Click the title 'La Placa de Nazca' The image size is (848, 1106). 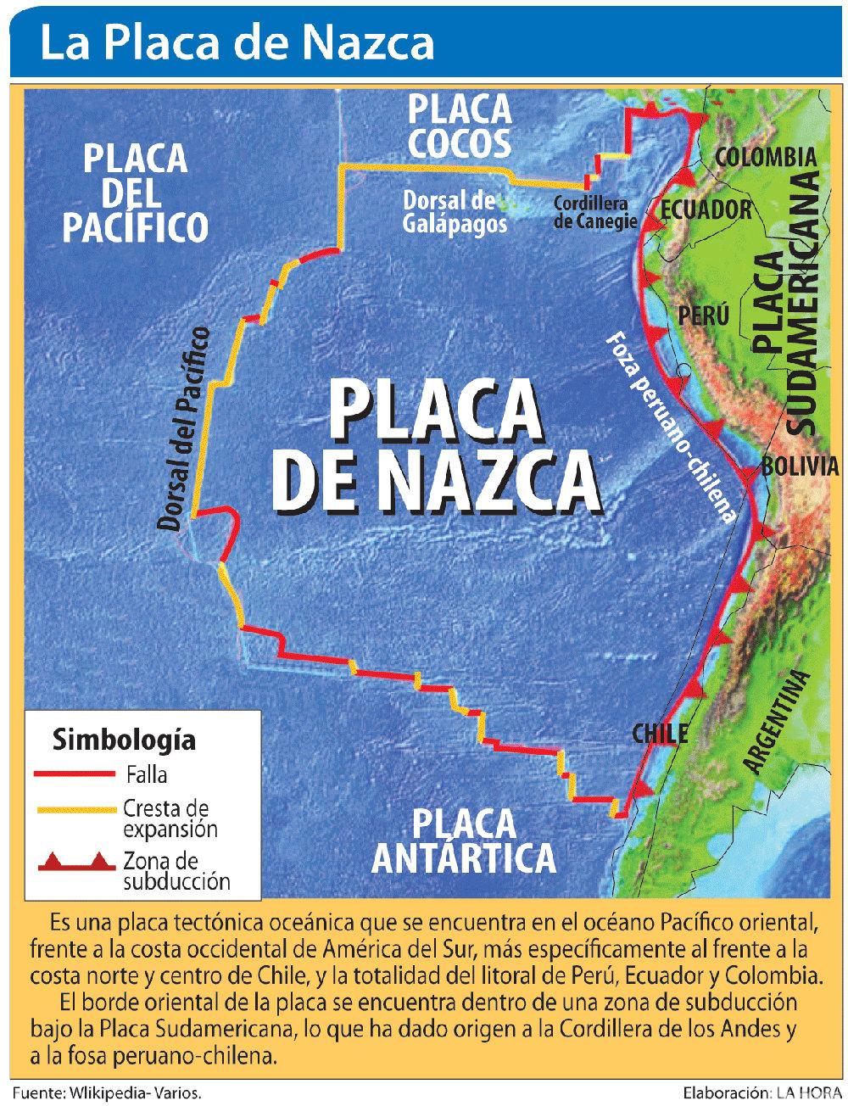click(237, 43)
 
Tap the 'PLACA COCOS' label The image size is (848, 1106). click(459, 126)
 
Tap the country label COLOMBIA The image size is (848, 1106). click(766, 157)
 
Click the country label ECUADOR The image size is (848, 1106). click(706, 209)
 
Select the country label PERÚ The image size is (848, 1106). click(703, 316)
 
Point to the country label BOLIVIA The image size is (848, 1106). click(800, 466)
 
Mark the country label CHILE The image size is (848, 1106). click(660, 734)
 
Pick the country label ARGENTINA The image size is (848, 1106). click(774, 721)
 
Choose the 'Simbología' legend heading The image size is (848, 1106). click(124, 740)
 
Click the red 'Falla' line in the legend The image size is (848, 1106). click(74, 774)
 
